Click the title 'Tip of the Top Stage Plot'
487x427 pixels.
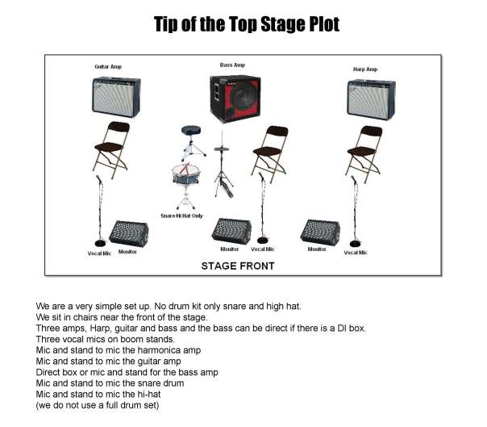[246, 24]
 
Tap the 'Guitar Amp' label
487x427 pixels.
[110, 66]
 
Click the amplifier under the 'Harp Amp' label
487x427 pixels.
[370, 98]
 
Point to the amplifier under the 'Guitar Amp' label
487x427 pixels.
[116, 97]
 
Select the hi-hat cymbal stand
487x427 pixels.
[223, 165]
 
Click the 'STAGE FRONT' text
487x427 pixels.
[237, 266]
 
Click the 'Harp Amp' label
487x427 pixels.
[364, 69]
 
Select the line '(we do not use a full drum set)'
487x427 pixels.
[98, 405]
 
